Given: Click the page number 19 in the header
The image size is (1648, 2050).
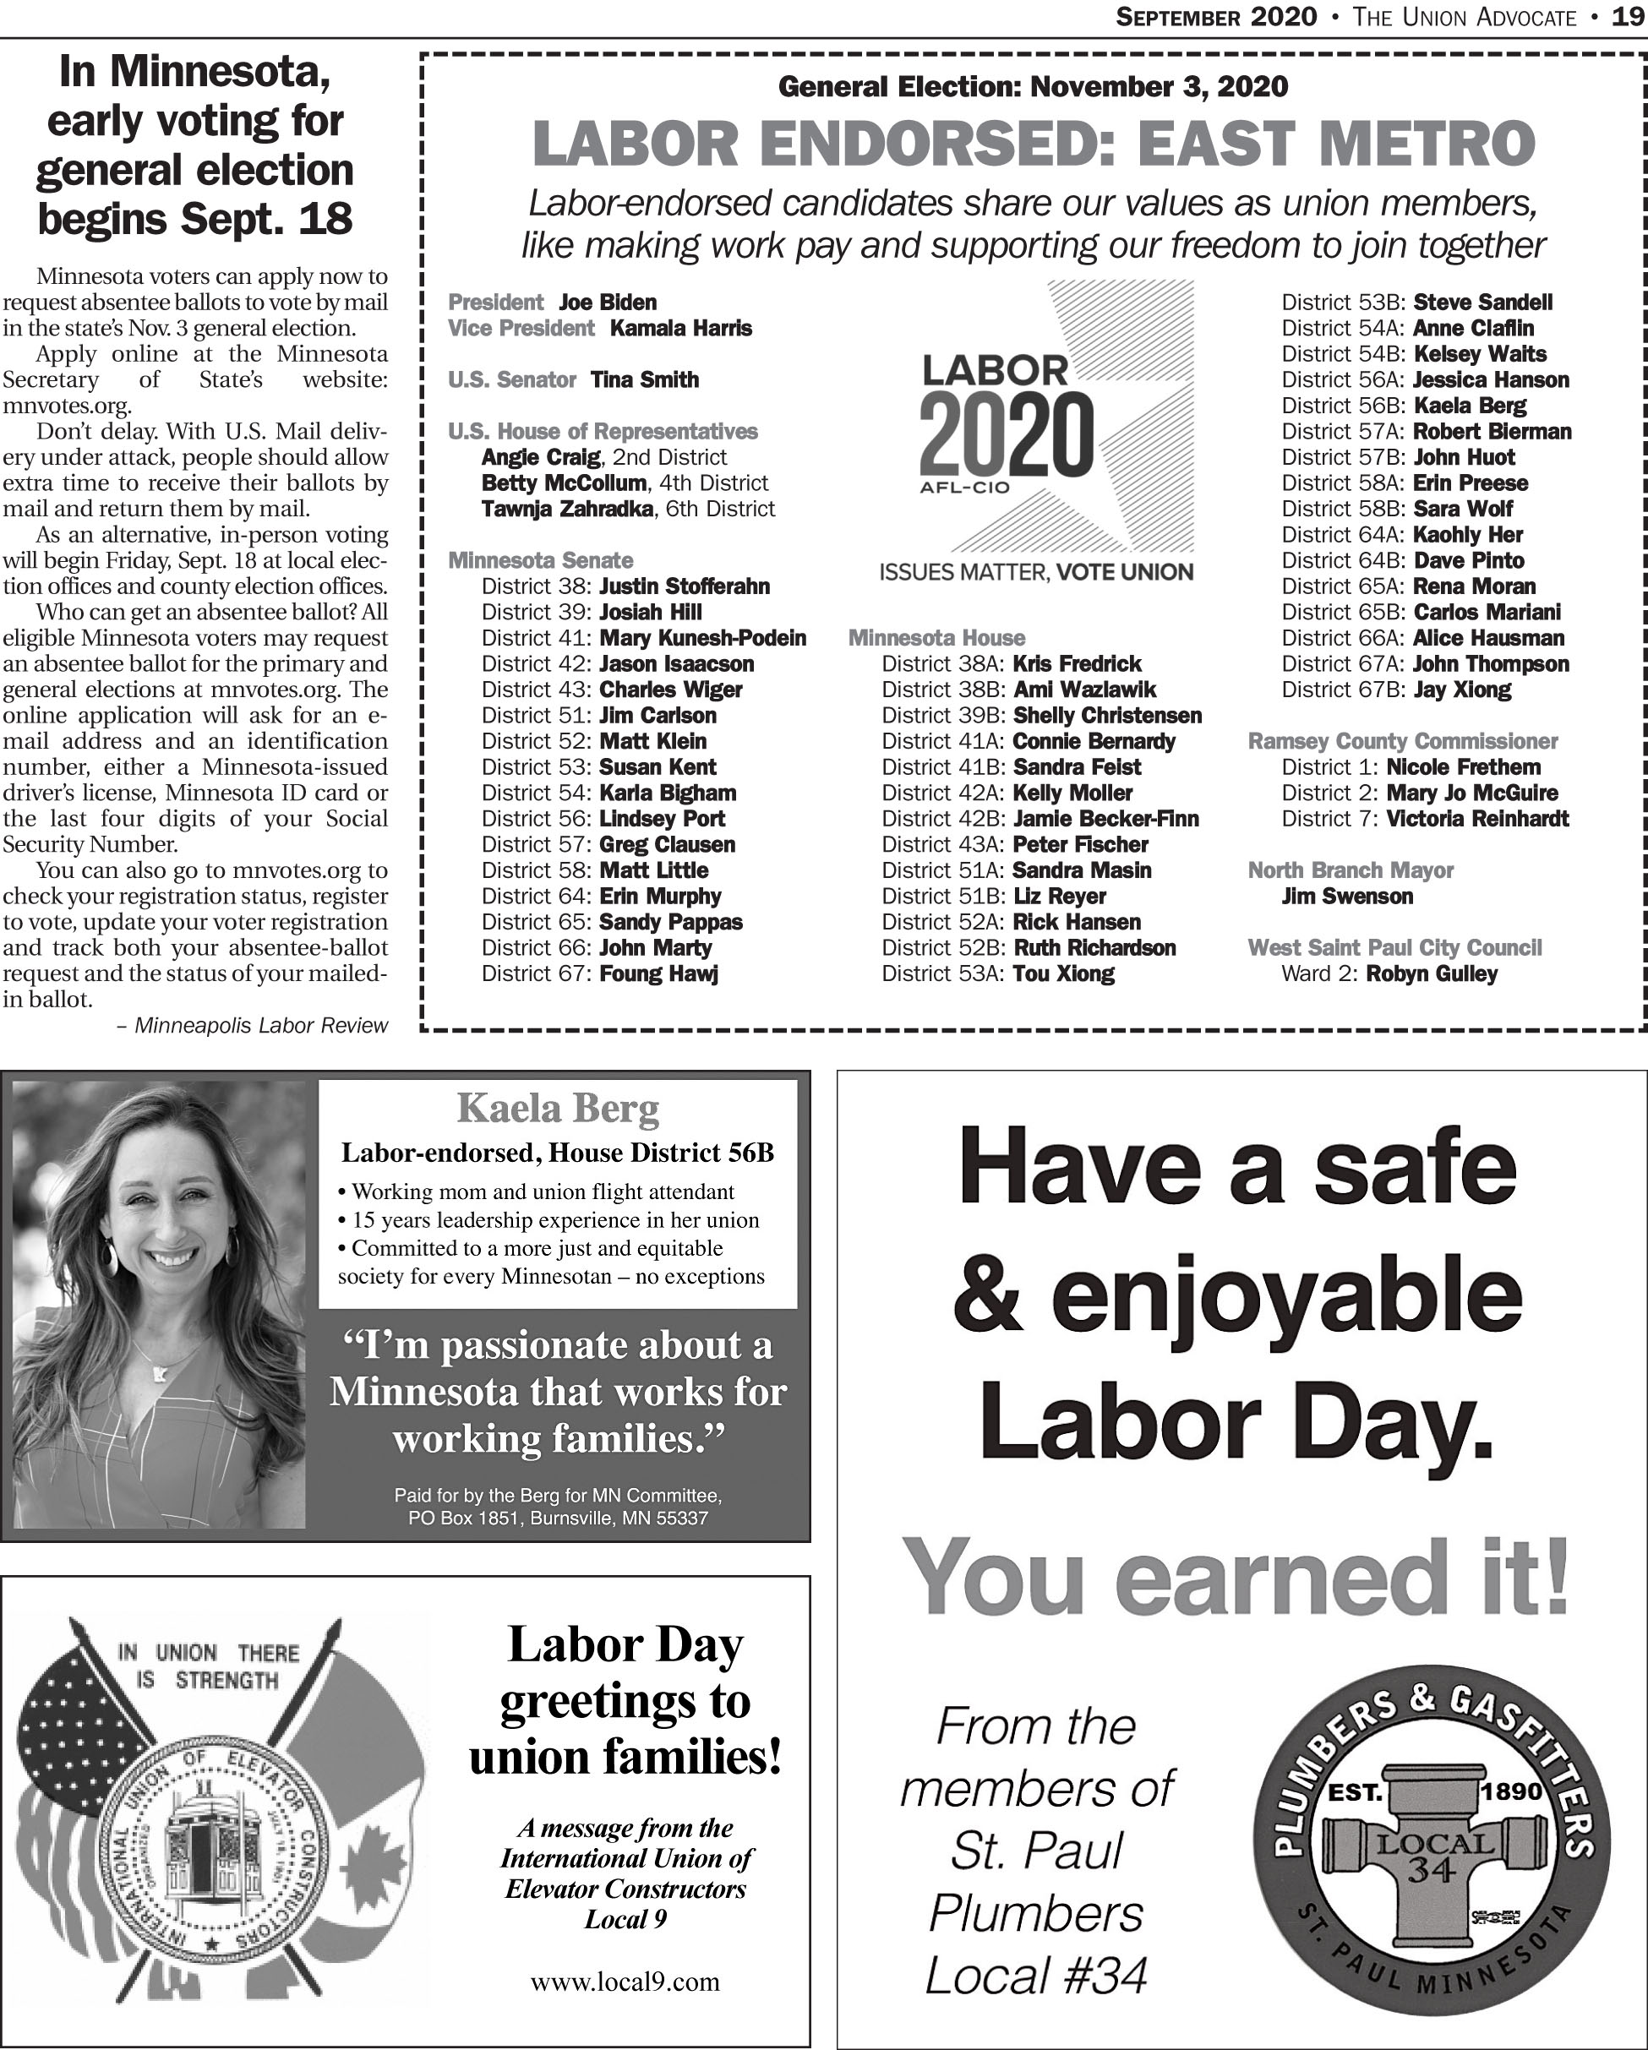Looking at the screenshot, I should tap(1629, 17).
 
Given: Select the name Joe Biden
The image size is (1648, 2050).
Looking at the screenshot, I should tap(608, 303).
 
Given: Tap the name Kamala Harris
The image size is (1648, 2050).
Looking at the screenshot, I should tap(681, 328).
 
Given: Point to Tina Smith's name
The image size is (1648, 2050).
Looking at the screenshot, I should tap(645, 380).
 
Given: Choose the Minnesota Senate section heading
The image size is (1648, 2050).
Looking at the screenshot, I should tap(540, 561).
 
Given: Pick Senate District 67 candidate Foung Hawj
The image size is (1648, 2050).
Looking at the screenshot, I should tap(659, 973).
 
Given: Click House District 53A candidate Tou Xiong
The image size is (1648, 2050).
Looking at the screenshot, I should tap(1064, 973).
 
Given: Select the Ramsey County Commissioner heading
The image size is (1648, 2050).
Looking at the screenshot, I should tap(1403, 742).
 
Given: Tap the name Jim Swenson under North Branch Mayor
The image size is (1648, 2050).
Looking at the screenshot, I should tap(1346, 897).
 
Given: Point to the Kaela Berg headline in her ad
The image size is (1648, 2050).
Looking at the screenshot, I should tap(559, 1109).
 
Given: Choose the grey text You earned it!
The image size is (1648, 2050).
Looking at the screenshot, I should tap(1236, 1578).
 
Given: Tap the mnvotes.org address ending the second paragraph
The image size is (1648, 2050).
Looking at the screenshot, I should tap(67, 406).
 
